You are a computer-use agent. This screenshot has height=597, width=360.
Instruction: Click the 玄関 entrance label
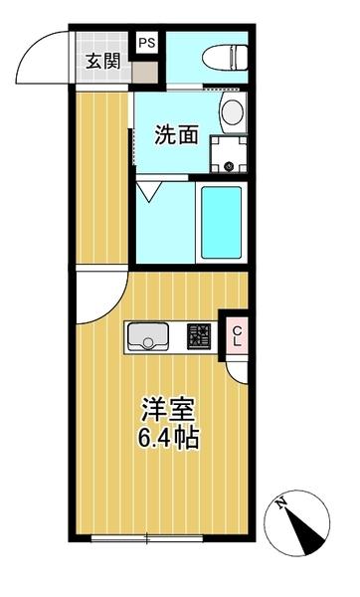[x=102, y=61]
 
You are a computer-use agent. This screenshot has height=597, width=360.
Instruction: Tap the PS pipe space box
[x=147, y=43]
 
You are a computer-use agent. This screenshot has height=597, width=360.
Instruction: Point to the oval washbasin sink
[x=231, y=111]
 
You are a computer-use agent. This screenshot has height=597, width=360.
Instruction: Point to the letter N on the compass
[x=283, y=504]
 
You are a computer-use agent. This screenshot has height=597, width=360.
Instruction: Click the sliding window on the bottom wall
[x=146, y=538]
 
